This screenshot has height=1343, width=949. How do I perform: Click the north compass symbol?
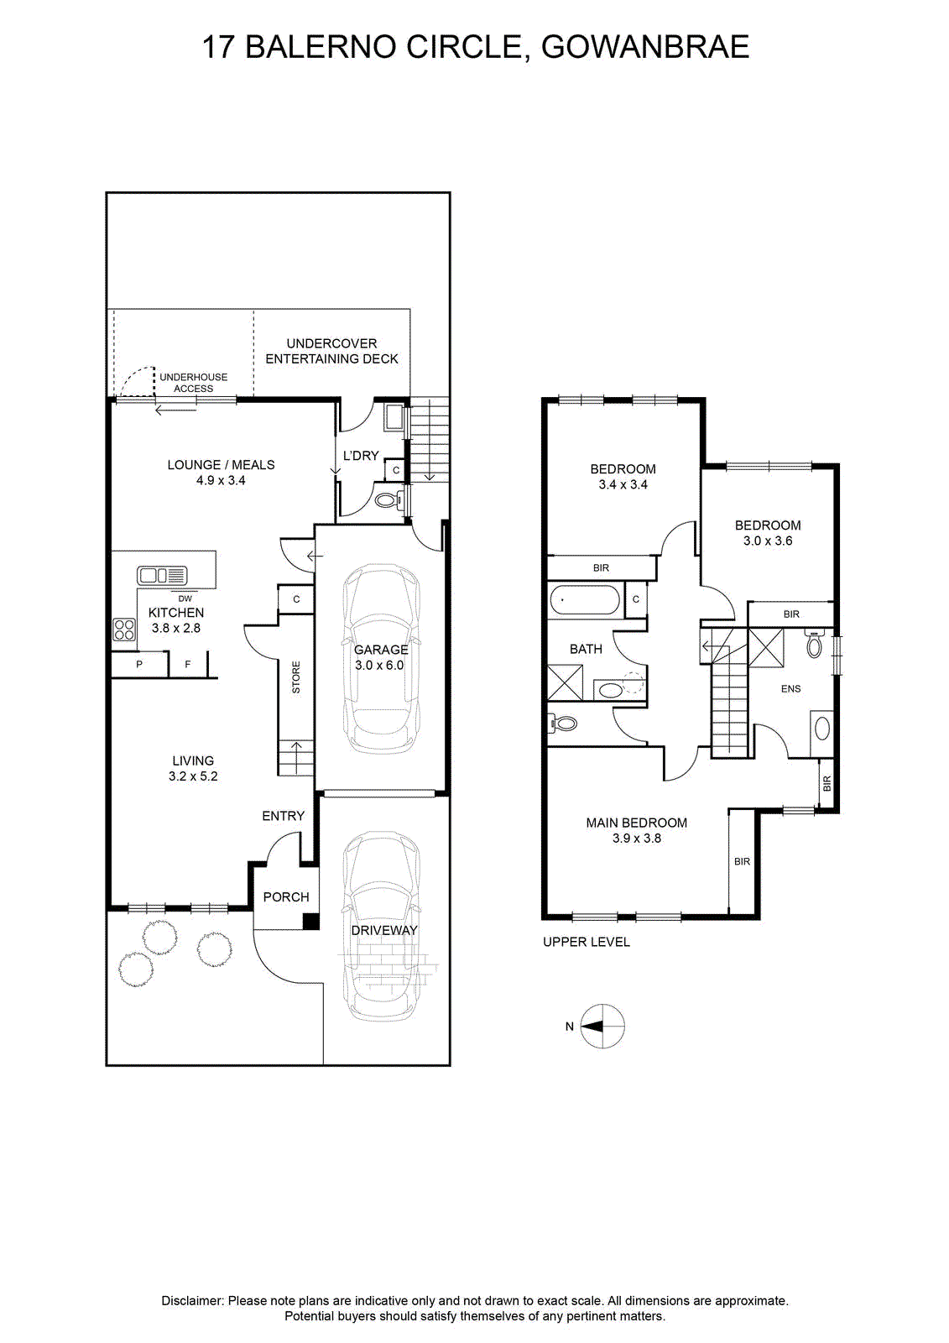click(602, 1026)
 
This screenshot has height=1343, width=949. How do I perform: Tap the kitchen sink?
click(162, 575)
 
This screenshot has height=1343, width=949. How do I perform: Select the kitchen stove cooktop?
click(124, 630)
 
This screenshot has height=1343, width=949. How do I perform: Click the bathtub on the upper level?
click(585, 600)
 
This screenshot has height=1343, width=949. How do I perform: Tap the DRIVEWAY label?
click(383, 930)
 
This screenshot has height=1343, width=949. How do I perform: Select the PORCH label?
click(286, 896)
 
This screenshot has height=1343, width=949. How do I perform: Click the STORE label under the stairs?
click(295, 677)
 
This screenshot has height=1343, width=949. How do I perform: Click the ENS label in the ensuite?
click(790, 689)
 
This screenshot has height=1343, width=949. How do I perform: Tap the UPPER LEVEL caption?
click(587, 942)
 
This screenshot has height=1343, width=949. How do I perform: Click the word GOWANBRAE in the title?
click(645, 47)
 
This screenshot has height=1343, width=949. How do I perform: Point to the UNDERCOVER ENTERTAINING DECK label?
click(331, 351)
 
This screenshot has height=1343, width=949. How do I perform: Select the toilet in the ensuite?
click(815, 643)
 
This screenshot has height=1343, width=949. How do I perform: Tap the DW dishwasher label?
click(185, 598)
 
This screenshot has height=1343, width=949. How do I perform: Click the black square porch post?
click(310, 921)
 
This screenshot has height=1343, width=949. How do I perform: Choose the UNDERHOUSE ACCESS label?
click(193, 383)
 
